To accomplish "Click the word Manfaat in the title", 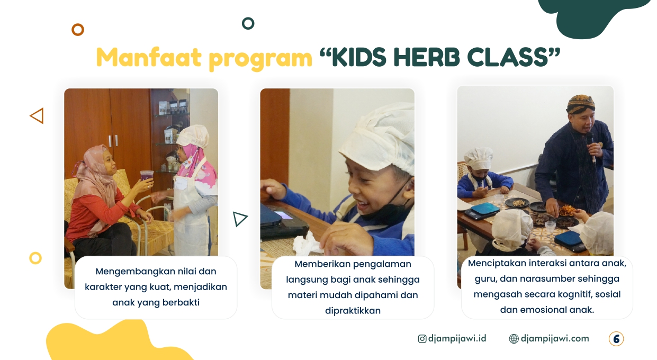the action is point(149,57).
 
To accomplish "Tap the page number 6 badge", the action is point(616,339).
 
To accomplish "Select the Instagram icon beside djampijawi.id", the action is point(422,339).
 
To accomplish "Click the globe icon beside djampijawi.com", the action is point(514,339).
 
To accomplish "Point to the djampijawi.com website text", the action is point(555,339).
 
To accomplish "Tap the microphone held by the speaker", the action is point(591,147).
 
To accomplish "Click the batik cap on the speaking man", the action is point(580,104).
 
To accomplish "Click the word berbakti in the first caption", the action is point(181,302).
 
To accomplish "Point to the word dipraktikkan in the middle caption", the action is point(353,311).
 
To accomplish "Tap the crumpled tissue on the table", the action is point(307,244).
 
